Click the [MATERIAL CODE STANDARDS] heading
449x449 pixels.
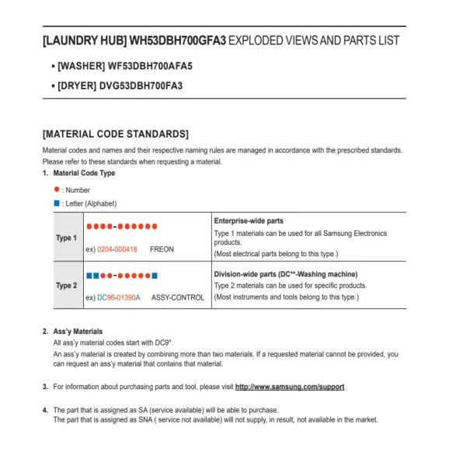116,134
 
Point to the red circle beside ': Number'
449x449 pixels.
57,190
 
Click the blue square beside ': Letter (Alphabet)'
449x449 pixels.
57,204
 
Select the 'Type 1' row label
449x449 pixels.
66,238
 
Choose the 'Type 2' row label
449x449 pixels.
66,285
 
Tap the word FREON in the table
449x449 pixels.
162,249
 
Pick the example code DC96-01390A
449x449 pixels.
119,298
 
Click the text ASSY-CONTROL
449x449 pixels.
178,298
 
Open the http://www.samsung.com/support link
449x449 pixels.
290,387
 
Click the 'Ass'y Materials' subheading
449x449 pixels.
78,332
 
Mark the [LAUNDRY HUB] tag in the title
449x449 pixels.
84,40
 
